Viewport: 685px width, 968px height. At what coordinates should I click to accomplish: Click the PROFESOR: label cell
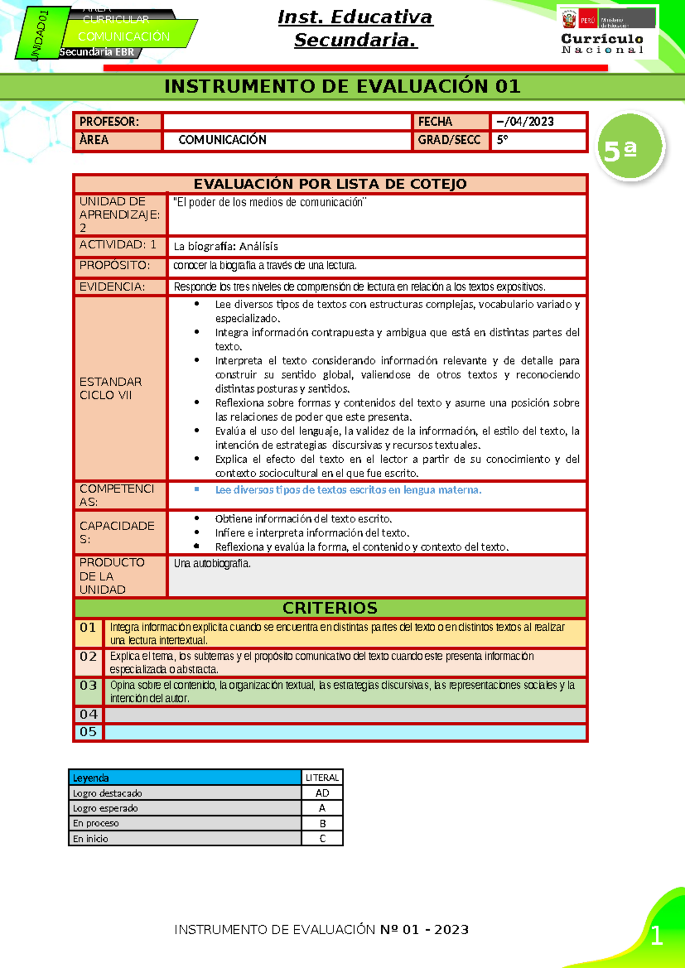point(117,122)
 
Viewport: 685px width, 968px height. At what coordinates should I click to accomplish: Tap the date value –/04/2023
point(525,122)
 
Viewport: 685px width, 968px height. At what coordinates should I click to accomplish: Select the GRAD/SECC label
point(449,140)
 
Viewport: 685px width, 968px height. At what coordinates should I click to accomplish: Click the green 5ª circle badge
point(630,148)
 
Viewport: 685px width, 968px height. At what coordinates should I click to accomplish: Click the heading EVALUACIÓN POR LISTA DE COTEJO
point(330,184)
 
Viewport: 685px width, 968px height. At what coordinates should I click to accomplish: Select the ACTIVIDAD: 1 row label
point(118,245)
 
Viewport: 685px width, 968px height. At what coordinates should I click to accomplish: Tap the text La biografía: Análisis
point(226,247)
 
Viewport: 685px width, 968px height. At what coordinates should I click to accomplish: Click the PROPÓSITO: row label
point(115,265)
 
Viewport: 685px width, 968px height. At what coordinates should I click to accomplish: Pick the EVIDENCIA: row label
point(112,287)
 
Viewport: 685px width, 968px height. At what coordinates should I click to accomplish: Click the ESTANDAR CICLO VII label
point(111,388)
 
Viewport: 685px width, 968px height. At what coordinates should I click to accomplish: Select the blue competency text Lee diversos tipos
point(348,490)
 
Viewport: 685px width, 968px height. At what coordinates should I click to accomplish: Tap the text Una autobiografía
point(212,563)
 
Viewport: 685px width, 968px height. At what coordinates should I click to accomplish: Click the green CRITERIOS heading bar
point(330,608)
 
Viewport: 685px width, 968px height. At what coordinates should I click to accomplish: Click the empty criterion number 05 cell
point(88,732)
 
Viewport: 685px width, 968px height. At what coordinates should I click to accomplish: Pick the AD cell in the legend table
point(322,793)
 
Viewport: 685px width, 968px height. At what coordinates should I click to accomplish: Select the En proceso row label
point(96,823)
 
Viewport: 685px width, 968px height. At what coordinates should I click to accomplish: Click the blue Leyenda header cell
point(184,777)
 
